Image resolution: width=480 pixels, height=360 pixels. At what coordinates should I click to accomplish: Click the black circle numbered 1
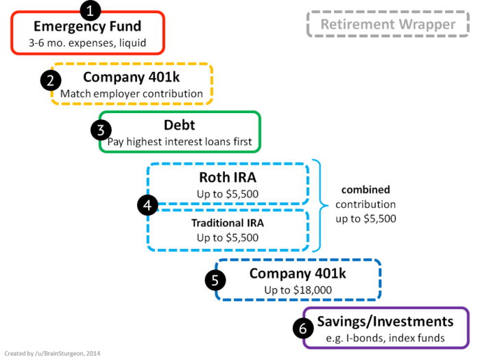pos(91,10)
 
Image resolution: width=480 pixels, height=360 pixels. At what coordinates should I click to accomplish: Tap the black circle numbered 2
pos(51,80)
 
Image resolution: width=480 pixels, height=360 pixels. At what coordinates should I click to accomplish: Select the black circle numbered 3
pos(100,130)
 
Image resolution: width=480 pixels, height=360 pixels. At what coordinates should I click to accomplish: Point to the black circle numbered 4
pos(147,204)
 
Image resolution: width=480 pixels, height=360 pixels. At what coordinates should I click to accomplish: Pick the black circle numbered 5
pos(215,280)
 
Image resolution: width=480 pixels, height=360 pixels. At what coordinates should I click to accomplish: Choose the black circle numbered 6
pos(302,328)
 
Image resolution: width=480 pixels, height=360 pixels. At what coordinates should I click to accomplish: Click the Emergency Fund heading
pos(87,27)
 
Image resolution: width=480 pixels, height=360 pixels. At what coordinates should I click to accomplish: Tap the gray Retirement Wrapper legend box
pos(388,25)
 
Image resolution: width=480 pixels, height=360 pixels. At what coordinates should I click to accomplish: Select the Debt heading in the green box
pos(180,126)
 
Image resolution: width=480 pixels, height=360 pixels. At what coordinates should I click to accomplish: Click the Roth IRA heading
pos(228,178)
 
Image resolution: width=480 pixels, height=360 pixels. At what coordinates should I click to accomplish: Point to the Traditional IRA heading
pos(228,223)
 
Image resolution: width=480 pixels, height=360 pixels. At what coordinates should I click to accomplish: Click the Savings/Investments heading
pos(385,322)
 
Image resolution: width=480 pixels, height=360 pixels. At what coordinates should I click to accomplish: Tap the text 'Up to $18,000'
pos(298,290)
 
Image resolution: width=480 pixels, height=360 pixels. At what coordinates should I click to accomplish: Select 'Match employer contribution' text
pos(132,93)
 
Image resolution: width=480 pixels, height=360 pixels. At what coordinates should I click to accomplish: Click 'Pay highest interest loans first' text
pos(180,143)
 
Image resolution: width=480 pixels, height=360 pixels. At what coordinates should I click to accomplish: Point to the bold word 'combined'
pos(365,189)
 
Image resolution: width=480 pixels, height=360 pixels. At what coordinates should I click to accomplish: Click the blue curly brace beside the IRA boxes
pos(320,204)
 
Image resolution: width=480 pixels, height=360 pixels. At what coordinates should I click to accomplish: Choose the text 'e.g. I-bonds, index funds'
pos(385,337)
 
